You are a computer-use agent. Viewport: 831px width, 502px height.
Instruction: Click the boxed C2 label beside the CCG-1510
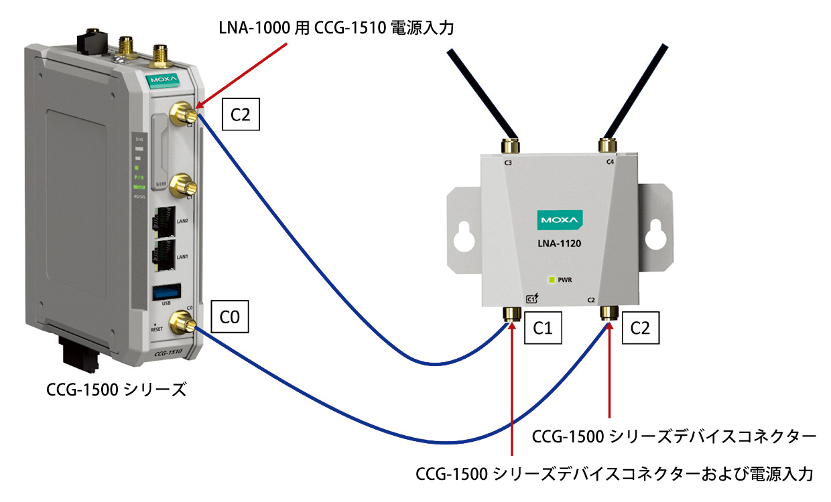(240, 115)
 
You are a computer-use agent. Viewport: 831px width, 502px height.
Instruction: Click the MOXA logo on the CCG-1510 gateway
(162, 81)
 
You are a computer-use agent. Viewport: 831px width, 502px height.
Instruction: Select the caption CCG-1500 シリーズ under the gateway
(116, 389)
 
